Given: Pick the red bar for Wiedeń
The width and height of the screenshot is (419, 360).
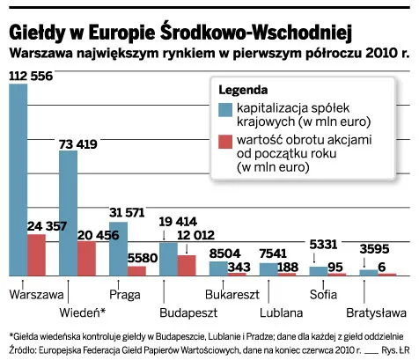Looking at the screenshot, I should (x=87, y=260).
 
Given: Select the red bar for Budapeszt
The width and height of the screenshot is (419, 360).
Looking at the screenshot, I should (x=187, y=267).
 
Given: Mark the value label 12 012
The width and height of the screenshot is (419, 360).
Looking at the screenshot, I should (x=195, y=234).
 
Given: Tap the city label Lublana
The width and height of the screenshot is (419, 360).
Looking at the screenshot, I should (x=283, y=312).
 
